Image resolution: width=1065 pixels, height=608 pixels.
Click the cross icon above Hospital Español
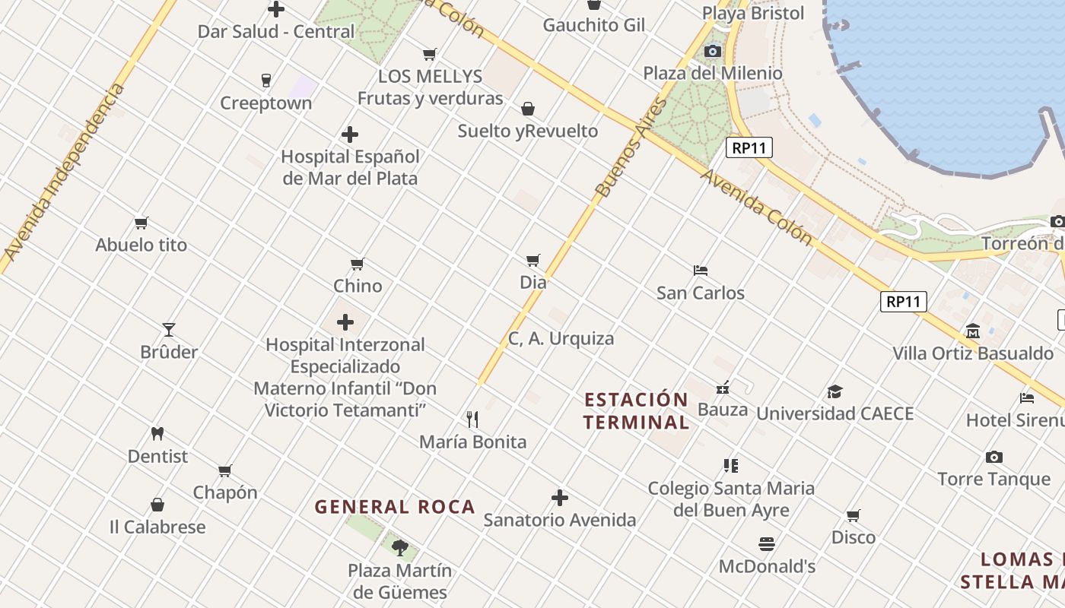click(x=350, y=135)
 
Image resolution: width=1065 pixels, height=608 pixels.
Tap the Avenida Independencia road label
click(x=64, y=171)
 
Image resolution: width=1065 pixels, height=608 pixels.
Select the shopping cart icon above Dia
click(x=533, y=260)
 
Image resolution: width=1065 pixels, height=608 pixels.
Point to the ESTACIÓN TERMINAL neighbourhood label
click(x=637, y=410)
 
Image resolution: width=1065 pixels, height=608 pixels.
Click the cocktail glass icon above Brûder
click(x=169, y=330)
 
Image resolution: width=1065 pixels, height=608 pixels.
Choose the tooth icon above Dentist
click(x=157, y=434)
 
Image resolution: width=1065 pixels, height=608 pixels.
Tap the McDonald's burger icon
click(x=767, y=544)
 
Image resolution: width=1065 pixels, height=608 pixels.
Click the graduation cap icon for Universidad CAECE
click(x=835, y=391)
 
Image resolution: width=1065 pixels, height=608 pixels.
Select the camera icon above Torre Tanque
click(x=993, y=457)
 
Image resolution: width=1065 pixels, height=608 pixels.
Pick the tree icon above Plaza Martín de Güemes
click(x=400, y=547)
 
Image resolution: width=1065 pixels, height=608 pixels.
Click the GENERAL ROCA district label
click(x=395, y=507)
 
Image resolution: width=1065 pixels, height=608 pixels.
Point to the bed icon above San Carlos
click(x=701, y=270)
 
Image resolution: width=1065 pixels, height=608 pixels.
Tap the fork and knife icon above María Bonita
click(x=472, y=419)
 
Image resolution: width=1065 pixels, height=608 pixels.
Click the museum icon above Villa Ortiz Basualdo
click(x=973, y=331)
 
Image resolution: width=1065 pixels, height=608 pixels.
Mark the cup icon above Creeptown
click(x=266, y=81)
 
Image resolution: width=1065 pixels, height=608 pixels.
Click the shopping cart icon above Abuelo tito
click(x=141, y=223)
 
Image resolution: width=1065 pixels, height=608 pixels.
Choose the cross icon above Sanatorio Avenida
click(x=560, y=498)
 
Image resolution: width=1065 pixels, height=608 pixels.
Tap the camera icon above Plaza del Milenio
click(x=713, y=51)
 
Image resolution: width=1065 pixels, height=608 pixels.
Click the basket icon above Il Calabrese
click(x=157, y=505)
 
